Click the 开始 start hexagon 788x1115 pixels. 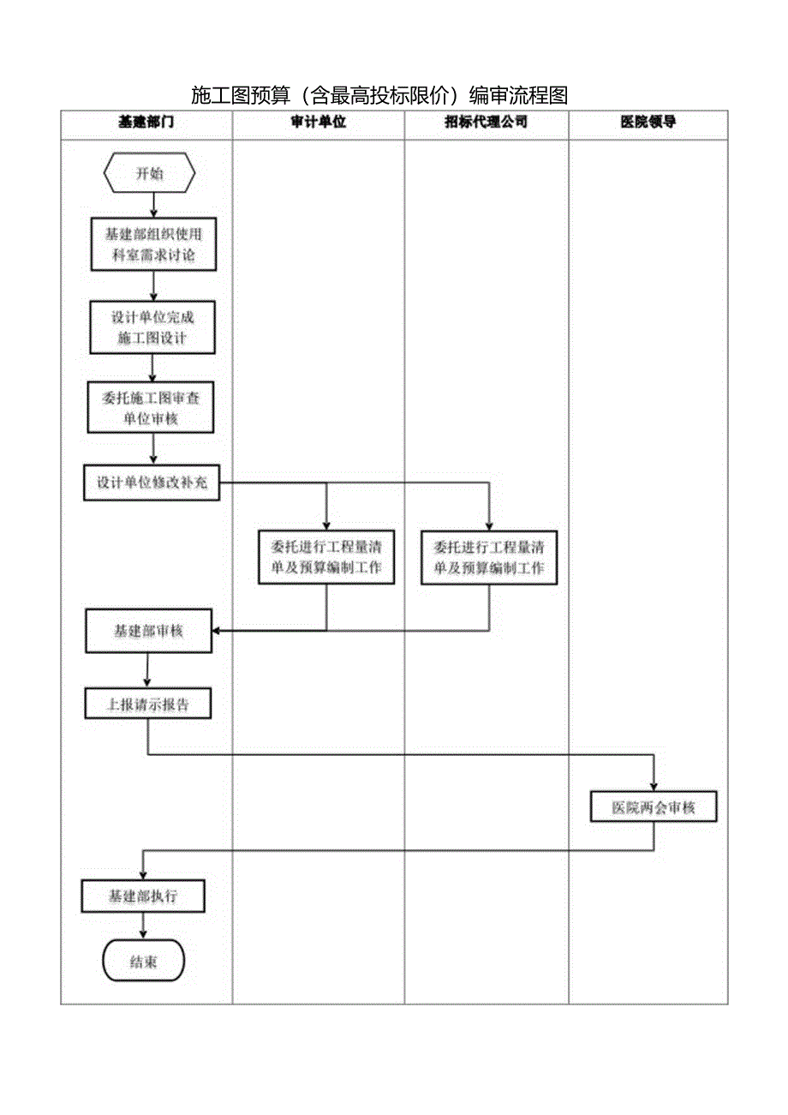149,174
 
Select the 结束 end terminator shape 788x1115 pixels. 143,962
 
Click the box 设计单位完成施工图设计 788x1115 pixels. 152,327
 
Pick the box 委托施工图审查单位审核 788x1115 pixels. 150,408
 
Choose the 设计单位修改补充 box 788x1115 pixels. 152,483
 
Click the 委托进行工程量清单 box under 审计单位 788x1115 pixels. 326,557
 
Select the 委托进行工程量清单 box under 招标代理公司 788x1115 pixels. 489,557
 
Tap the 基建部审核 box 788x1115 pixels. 148,631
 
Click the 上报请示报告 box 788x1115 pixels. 147,704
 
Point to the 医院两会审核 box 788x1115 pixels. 654,807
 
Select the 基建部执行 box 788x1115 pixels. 143,896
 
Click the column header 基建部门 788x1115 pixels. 146,123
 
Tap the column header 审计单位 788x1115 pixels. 318,123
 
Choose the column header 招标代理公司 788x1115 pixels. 486,123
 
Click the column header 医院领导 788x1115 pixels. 648,123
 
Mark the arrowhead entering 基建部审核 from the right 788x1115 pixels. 217,631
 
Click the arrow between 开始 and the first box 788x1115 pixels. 153,203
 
